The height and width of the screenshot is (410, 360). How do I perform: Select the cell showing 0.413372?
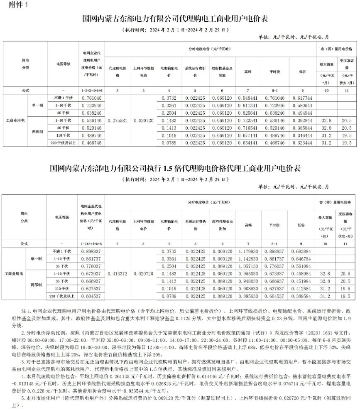tap(117, 274)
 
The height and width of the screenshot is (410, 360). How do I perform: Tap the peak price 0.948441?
tap(248, 98)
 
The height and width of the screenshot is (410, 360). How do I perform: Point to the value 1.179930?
tap(248, 251)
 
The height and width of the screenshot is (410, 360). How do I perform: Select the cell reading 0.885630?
tap(248, 296)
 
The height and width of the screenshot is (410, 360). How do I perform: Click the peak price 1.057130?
tap(248, 266)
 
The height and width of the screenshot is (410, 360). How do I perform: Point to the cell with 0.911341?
tap(248, 105)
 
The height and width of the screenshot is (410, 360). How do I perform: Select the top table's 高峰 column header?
tap(248, 71)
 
